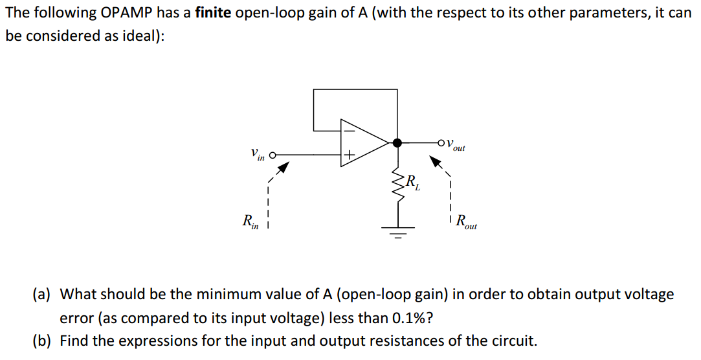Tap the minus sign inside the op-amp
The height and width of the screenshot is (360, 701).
pyautogui.click(x=348, y=129)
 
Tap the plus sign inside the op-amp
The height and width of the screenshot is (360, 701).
pyautogui.click(x=348, y=155)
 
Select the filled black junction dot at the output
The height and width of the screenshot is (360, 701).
pyautogui.click(x=397, y=142)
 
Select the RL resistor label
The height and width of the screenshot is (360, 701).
pyautogui.click(x=412, y=183)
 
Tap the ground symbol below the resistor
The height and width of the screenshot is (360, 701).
pyautogui.click(x=397, y=231)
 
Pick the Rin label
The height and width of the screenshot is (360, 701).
pyautogui.click(x=249, y=222)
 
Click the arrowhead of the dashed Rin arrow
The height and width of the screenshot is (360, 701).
pyautogui.click(x=282, y=168)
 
